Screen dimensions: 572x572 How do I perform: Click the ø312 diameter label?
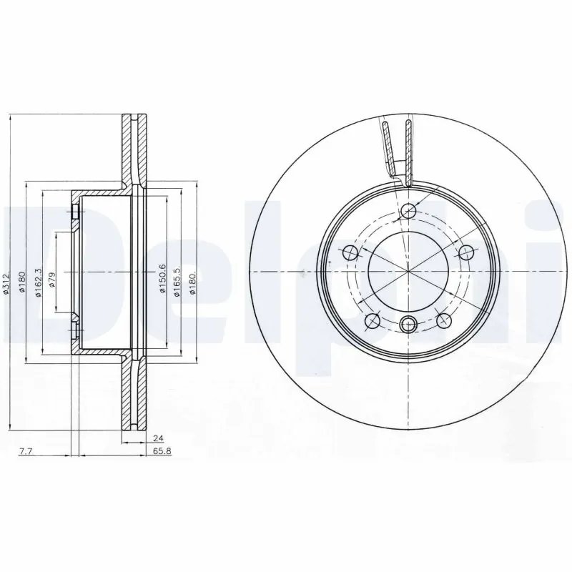tap(7, 285)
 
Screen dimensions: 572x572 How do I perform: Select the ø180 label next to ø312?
tap(23, 285)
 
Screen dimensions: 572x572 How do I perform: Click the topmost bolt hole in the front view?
tap(408, 211)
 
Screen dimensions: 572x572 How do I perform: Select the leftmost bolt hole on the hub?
tap(350, 252)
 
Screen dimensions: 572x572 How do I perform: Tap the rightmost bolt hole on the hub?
tap(466, 252)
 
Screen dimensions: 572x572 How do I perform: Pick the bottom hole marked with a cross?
tap(408, 324)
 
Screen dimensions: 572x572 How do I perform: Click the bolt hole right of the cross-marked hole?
tap(443, 320)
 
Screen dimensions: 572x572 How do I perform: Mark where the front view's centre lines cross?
tap(408, 272)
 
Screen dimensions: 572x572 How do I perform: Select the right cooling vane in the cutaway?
tap(408, 147)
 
